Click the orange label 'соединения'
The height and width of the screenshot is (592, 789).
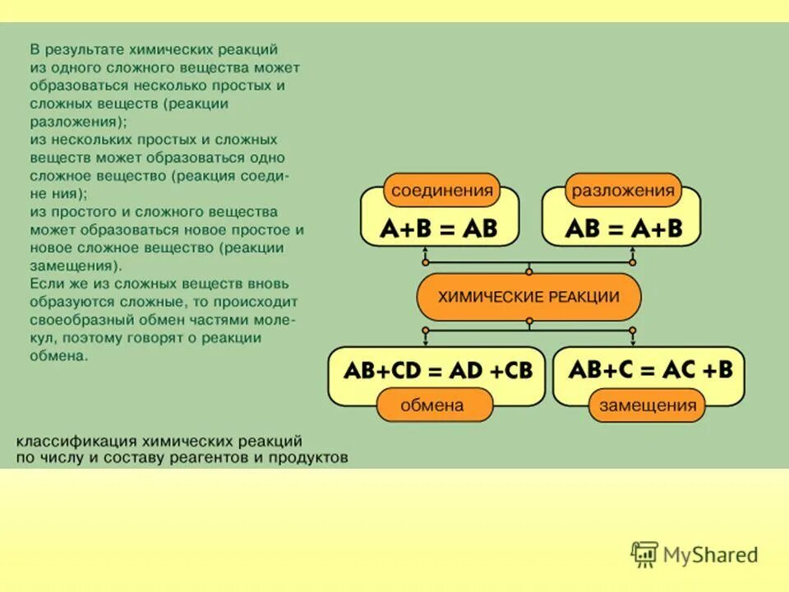point(442,190)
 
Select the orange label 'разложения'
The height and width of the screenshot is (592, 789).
point(623,190)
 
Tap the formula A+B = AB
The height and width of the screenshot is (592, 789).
point(439,228)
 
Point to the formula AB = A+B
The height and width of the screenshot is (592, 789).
point(623,228)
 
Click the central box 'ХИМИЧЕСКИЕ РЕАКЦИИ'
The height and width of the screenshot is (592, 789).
point(528,297)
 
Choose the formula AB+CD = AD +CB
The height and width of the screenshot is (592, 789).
point(437,371)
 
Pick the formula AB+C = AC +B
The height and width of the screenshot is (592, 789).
point(649,370)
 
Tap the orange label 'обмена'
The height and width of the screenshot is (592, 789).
point(431,405)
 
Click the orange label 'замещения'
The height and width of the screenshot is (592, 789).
point(647,405)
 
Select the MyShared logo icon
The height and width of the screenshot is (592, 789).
point(644,555)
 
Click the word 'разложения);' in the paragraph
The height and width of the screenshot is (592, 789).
point(79,122)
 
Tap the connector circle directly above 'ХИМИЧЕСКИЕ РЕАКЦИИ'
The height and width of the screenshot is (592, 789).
point(529,271)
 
